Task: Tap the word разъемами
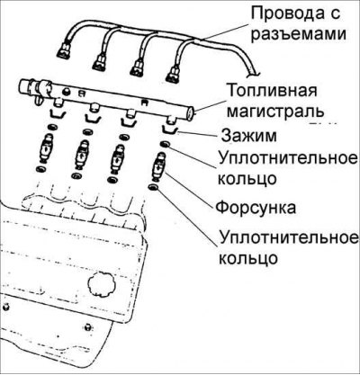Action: pos(299,33)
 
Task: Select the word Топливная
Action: pos(272,91)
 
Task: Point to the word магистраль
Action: pos(275,111)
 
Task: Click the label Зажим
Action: pos(249,137)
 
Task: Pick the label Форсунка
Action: pos(256,207)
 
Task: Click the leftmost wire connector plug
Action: pos(65,51)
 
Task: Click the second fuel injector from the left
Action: pos(82,155)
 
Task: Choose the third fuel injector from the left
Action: pos(117,159)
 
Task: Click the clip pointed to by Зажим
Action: pos(170,129)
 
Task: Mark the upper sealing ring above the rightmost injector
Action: pos(165,145)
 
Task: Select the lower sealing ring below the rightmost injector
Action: pos(153,188)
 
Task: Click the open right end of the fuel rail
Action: pos(190,113)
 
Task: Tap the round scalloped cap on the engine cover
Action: pos(102,283)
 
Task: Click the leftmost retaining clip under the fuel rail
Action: pos(57,113)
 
